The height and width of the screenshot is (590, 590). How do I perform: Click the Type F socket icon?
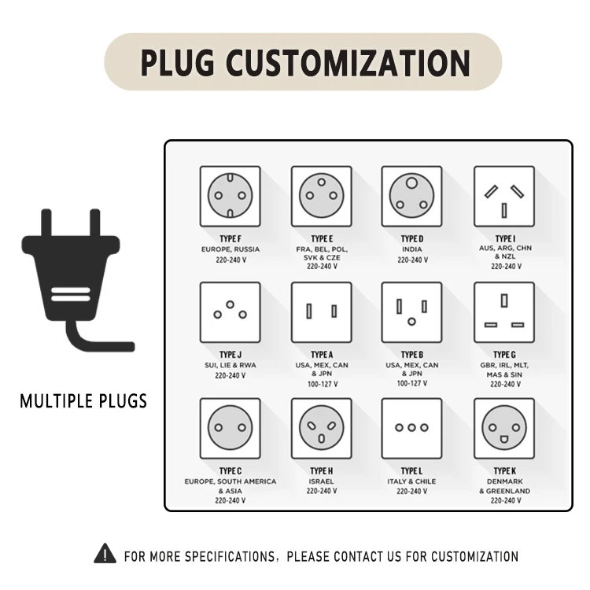(230, 196)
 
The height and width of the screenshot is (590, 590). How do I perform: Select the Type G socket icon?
(504, 312)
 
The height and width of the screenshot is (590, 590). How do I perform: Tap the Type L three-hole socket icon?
(411, 428)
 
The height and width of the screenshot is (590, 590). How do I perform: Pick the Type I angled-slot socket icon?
(504, 196)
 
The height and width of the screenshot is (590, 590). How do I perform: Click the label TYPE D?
(412, 239)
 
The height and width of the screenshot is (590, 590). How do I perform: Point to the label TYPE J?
(230, 355)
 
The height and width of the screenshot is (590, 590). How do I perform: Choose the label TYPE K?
(504, 471)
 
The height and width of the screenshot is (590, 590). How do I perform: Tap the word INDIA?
(412, 249)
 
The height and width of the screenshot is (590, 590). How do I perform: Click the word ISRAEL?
(321, 481)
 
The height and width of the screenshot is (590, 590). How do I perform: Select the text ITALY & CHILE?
(411, 481)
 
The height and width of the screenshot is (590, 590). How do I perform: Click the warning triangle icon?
(105, 553)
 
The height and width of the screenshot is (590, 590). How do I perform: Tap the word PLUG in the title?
(177, 62)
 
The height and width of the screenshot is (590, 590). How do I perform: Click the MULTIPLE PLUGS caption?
(83, 401)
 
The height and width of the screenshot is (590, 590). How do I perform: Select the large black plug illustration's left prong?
(46, 223)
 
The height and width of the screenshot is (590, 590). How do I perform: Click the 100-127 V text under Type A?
(323, 384)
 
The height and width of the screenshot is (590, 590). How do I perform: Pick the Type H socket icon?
(321, 428)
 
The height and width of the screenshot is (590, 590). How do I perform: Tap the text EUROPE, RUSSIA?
(230, 249)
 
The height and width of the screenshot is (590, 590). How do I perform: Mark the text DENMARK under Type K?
(504, 481)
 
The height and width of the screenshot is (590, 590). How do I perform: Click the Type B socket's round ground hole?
(411, 322)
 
